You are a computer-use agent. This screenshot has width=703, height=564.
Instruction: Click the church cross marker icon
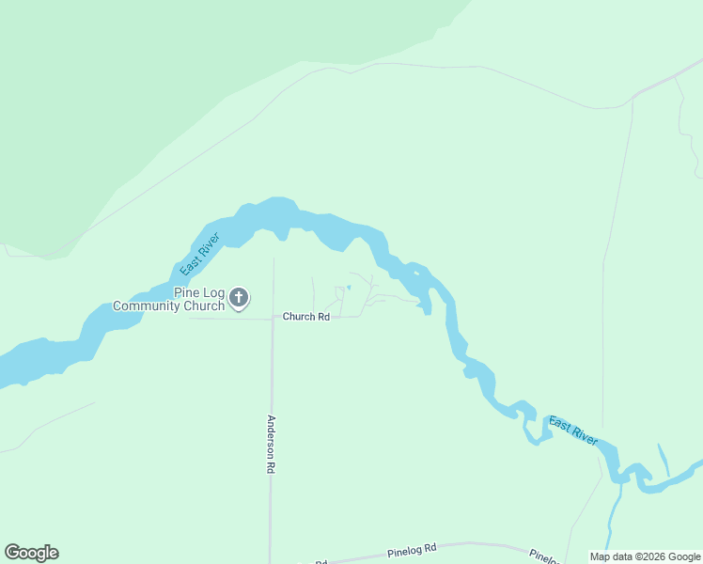pyautogui.click(x=239, y=299)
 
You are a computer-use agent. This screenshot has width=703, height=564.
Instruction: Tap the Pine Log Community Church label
pyautogui.click(x=169, y=299)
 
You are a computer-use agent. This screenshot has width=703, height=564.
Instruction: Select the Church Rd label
pyautogui.click(x=306, y=318)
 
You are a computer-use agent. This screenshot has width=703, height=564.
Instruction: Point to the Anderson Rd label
pyautogui.click(x=272, y=444)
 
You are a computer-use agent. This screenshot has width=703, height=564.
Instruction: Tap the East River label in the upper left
pyautogui.click(x=199, y=254)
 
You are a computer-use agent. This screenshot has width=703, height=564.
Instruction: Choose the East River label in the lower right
pyautogui.click(x=573, y=431)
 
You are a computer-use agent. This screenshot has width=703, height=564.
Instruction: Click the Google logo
pyautogui.click(x=31, y=553)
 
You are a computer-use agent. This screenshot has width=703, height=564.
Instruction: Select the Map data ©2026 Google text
pyautogui.click(x=645, y=556)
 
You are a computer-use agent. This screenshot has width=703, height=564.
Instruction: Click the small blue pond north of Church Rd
pyautogui.click(x=349, y=287)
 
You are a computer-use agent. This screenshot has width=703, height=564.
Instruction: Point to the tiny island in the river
pyautogui.click(x=414, y=274)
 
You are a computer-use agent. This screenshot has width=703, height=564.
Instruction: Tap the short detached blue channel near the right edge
pyautogui.click(x=664, y=460)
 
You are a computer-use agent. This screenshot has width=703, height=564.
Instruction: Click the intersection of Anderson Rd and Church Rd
pyautogui.click(x=273, y=319)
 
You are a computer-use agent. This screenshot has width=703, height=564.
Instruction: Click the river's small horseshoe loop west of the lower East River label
pyautogui.click(x=533, y=427)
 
